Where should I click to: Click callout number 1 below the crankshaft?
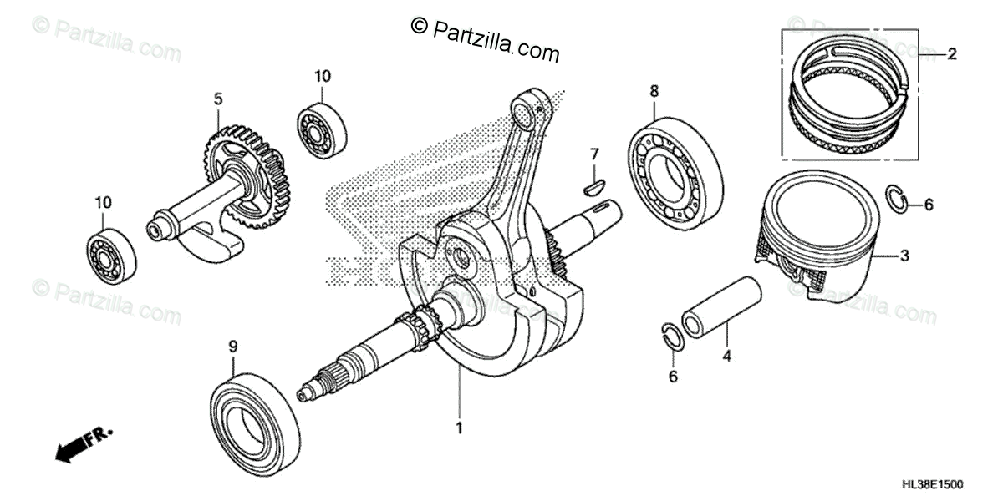click(458, 428)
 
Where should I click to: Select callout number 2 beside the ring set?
click(951, 54)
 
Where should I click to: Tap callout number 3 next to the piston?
click(904, 256)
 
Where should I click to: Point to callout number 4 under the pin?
click(726, 356)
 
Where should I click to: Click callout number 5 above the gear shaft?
click(217, 99)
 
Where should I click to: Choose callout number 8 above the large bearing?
click(654, 89)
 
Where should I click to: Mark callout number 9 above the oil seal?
click(233, 345)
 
